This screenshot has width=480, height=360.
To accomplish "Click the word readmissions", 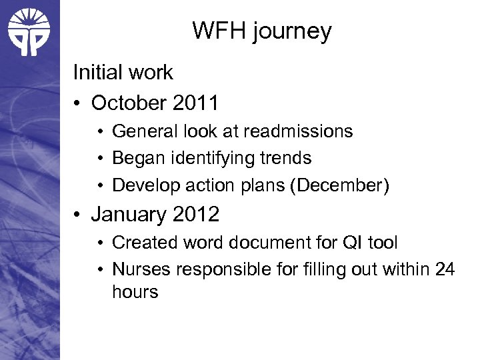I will click(x=298, y=131).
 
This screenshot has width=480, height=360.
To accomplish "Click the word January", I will click(x=127, y=214).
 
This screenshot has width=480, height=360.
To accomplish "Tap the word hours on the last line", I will click(x=135, y=291).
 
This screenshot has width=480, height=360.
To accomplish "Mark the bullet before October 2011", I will click(x=79, y=103).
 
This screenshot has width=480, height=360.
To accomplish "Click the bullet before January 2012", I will click(x=79, y=215).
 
